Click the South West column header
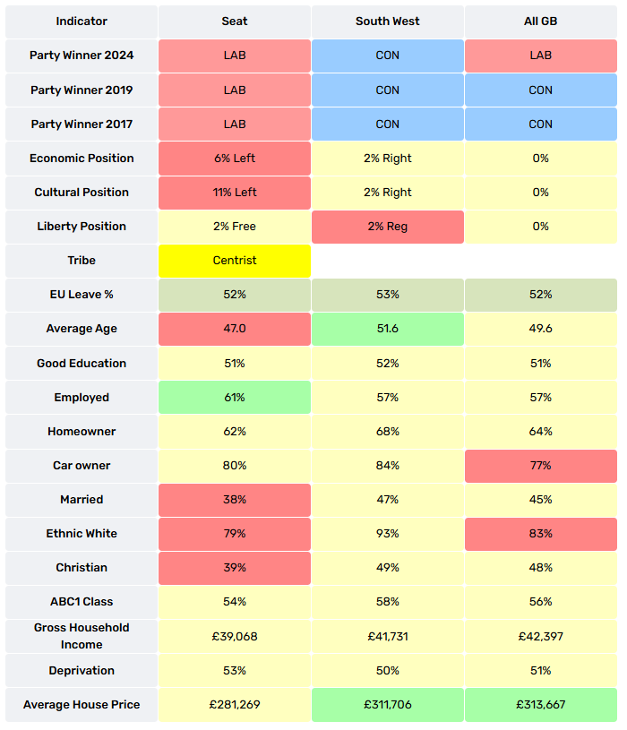pyautogui.click(x=387, y=21)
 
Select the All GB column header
pyautogui.click(x=540, y=21)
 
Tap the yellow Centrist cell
pyautogui.click(x=235, y=261)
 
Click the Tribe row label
pyautogui.click(x=82, y=261)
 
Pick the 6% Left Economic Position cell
pyautogui.click(x=235, y=159)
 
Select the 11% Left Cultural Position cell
pyautogui.click(x=235, y=193)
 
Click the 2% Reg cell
pyautogui.click(x=387, y=227)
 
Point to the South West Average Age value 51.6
pyautogui.click(x=387, y=329)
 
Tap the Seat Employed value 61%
pyautogui.click(x=235, y=397)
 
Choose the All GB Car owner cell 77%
pyautogui.click(x=540, y=466)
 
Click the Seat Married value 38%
pyautogui.click(x=235, y=500)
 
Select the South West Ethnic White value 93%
pyautogui.click(x=387, y=534)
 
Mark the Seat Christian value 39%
pyautogui.click(x=235, y=568)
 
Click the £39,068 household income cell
pyautogui.click(x=235, y=637)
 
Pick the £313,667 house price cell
pyautogui.click(x=540, y=705)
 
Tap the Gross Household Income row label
pyautogui.click(x=82, y=637)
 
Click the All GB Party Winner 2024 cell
pyautogui.click(x=540, y=56)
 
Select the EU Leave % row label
pyautogui.click(x=82, y=295)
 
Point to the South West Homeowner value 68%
pyautogui.click(x=387, y=432)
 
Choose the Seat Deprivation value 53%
pyautogui.click(x=235, y=671)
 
